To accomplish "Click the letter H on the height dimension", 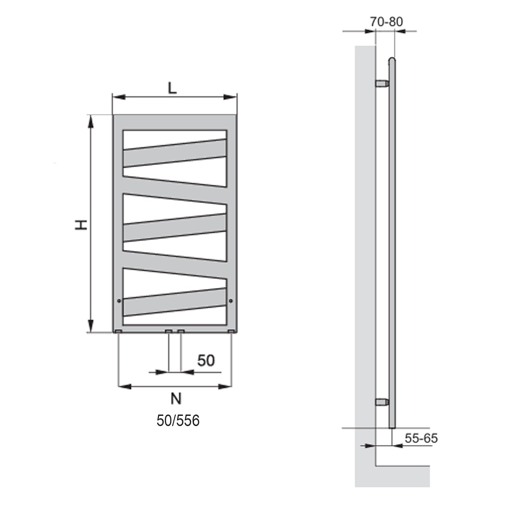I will [81, 225].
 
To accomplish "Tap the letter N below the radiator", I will [176, 399].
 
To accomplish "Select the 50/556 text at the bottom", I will [178, 421].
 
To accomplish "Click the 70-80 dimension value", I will [386, 22].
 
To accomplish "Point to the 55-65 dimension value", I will [421, 438].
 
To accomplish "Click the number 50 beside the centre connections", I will [206, 360].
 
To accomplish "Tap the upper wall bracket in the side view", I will [382, 83].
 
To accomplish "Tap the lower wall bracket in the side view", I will [382, 402].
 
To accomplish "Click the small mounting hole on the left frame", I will [119, 300].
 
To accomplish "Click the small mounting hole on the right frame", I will [231, 300].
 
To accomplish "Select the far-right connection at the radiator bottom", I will [231, 331].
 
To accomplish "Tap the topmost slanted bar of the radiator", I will [175, 153].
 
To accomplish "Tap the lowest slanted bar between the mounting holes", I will [175, 302].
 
